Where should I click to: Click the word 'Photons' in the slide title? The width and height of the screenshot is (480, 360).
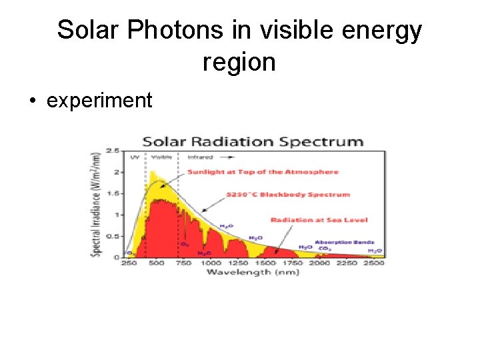point(175,30)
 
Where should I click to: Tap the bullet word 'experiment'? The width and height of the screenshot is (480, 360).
point(99,101)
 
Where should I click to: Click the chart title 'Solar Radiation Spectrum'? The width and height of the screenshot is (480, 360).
point(253,141)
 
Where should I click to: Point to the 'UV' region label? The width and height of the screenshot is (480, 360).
point(135,157)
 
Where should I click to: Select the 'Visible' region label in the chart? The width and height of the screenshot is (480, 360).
point(161,157)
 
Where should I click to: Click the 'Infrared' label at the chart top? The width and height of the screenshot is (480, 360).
point(200,157)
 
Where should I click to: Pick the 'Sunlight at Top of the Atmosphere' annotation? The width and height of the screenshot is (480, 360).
point(263,172)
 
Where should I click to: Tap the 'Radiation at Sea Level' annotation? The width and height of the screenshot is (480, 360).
point(319,220)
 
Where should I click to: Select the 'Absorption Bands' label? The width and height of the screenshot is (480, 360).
point(345,243)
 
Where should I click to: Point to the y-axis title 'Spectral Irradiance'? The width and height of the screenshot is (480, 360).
point(97,204)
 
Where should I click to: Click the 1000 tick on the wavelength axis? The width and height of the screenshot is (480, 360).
point(212,263)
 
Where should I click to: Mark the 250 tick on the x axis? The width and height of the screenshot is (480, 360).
point(128,263)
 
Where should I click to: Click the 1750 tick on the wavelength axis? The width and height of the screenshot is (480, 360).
point(293,263)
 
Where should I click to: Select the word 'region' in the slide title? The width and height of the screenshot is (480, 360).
point(239,62)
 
